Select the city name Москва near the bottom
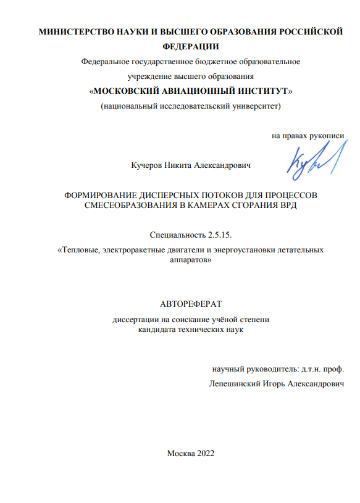pos(180,454)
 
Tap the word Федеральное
pos(105,62)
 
